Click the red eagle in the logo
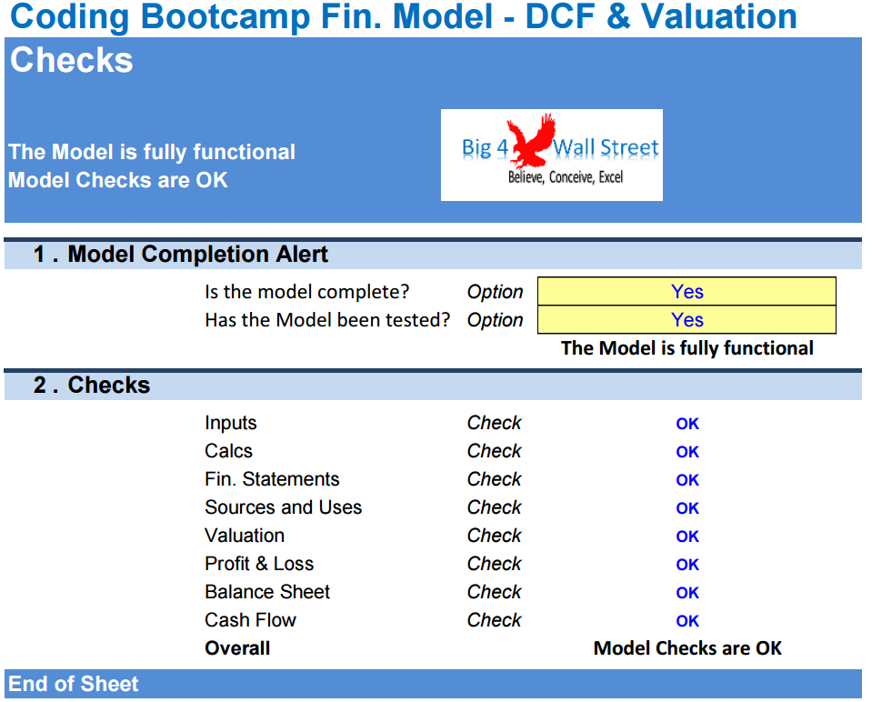click(x=532, y=140)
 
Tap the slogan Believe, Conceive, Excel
click(x=566, y=177)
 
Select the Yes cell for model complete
click(x=687, y=292)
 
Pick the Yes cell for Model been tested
click(x=687, y=320)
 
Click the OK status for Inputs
click(x=687, y=424)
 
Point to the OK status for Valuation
click(x=687, y=537)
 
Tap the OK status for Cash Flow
click(x=687, y=621)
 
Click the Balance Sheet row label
click(x=267, y=592)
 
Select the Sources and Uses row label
click(x=283, y=507)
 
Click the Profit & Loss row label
click(x=259, y=564)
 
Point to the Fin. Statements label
click(x=272, y=479)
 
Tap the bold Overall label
click(x=237, y=648)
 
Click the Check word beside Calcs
click(x=494, y=450)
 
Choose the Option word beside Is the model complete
click(x=495, y=292)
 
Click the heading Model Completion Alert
click(x=198, y=255)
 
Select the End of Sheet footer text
click(x=74, y=684)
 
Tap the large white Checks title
click(x=72, y=60)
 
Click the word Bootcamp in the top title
click(x=226, y=16)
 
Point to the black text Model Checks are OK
click(x=687, y=648)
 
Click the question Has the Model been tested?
click(x=327, y=320)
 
